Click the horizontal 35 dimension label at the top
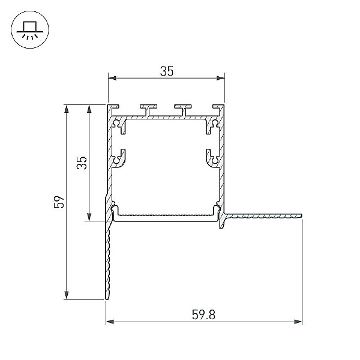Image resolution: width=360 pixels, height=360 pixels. pyautogui.click(x=167, y=71)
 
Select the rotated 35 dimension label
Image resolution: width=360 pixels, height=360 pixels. pyautogui.click(x=82, y=163)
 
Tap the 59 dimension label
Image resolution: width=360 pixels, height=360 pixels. pyautogui.click(x=59, y=202)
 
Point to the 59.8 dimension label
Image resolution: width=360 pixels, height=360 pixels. pyautogui.click(x=203, y=314)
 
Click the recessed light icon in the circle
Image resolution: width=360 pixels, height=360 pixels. pyautogui.click(x=30, y=30)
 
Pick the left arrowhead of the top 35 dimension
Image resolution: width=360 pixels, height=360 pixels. pyautogui.click(x=112, y=78)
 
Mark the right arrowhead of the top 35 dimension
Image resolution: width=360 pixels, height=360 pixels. pyautogui.click(x=221, y=78)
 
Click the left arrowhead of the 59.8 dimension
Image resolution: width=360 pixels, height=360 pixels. pyautogui.click(x=110, y=322)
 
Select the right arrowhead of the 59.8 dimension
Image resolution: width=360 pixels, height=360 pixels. pyautogui.click(x=298, y=322)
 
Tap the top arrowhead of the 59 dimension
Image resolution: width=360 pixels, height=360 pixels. pyautogui.click(x=67, y=109)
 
